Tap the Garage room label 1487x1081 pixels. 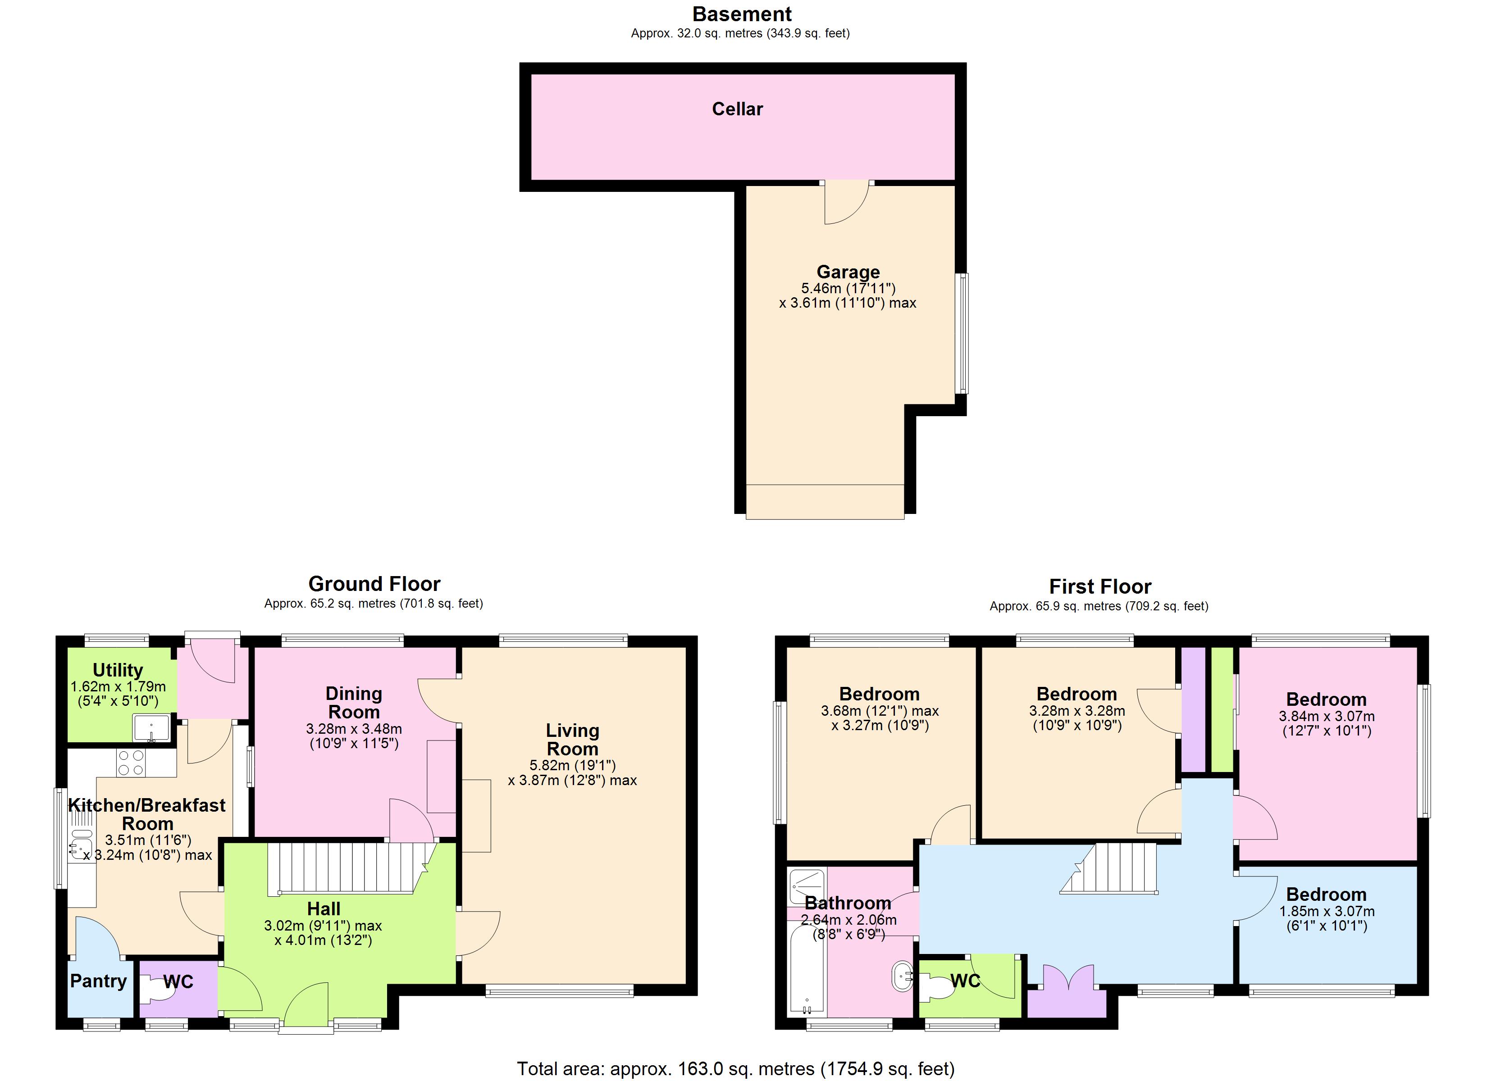point(848,272)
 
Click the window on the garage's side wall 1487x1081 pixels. point(962,333)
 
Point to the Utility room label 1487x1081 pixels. point(118,670)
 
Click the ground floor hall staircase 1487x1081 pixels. point(344,868)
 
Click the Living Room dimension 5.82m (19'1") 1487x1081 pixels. point(572,765)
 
